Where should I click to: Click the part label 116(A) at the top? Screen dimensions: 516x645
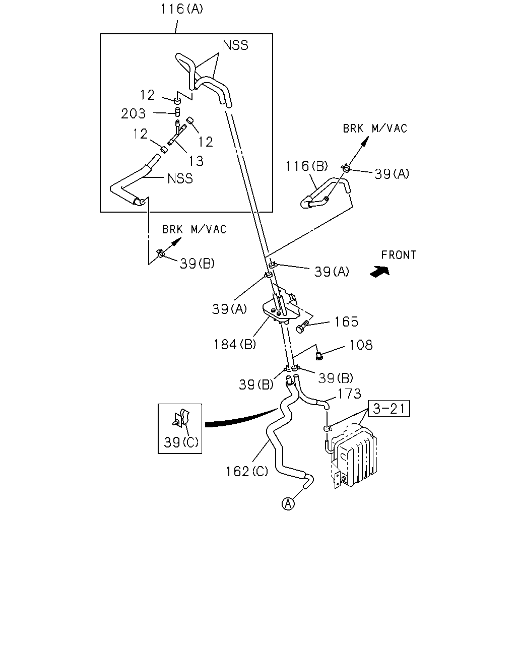(x=182, y=9)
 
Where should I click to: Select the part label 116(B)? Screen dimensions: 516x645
(x=306, y=166)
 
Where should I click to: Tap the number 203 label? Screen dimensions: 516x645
(x=134, y=113)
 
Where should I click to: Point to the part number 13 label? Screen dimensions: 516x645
(x=196, y=161)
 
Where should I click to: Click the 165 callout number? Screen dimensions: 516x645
(x=346, y=321)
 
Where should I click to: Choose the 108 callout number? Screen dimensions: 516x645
(x=361, y=345)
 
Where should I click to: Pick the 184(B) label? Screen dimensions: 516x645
(x=234, y=344)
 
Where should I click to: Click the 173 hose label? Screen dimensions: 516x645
(x=349, y=394)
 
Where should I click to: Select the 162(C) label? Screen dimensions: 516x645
(x=247, y=472)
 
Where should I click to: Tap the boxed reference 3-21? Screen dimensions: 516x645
(x=389, y=409)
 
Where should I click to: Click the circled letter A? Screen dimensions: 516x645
(x=288, y=504)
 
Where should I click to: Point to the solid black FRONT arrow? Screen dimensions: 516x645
(x=380, y=272)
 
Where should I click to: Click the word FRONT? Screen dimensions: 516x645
(x=399, y=255)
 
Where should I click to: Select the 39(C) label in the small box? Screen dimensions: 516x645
(x=181, y=442)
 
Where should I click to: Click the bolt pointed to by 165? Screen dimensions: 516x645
(x=302, y=328)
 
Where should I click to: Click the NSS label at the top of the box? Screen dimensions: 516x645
(x=235, y=45)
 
